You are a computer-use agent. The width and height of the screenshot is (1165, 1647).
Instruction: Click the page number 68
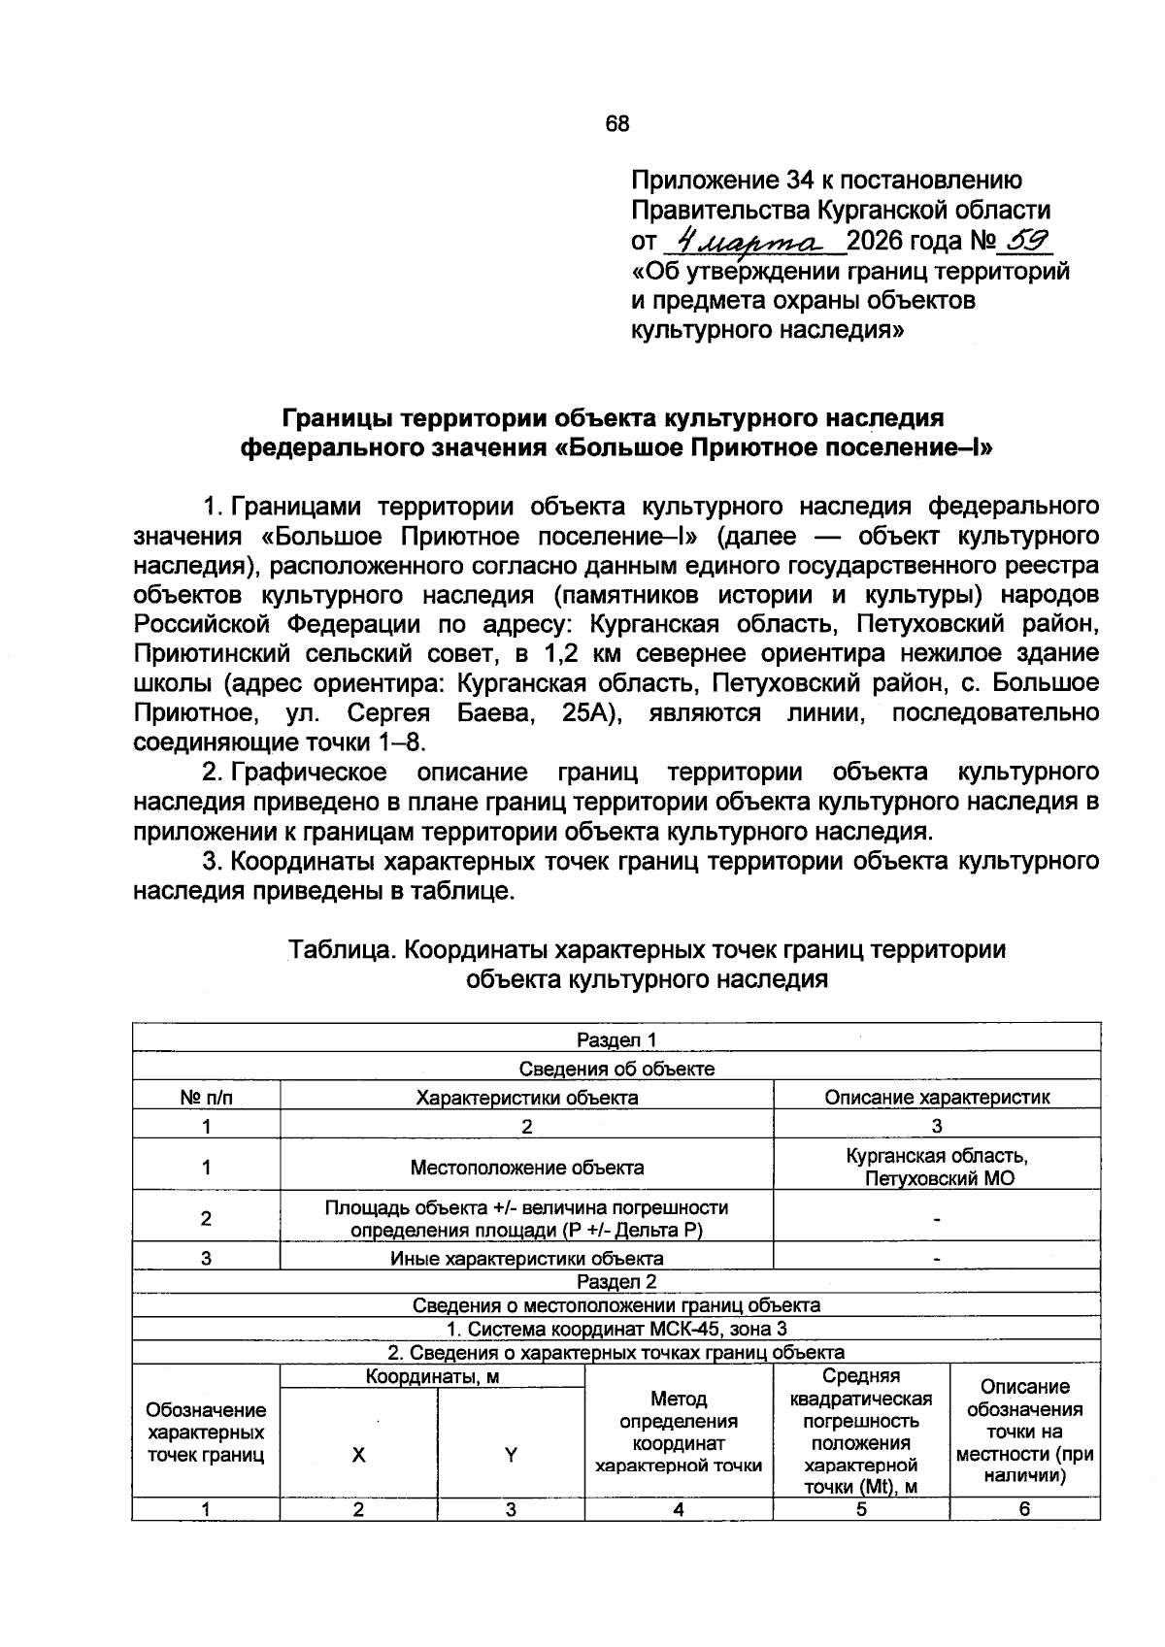(616, 124)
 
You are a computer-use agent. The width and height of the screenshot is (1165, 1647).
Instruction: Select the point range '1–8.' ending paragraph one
(401, 743)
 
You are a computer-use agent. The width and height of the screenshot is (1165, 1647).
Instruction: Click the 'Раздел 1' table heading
(616, 1039)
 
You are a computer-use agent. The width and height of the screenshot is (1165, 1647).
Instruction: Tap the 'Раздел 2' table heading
(616, 1281)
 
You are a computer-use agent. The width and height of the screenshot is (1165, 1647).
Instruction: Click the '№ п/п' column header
(207, 1098)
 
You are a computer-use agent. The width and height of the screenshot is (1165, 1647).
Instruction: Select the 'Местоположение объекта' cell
(526, 1167)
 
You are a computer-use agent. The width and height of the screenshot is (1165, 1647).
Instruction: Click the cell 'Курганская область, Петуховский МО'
(936, 1167)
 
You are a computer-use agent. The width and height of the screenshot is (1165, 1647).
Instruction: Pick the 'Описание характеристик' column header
(936, 1098)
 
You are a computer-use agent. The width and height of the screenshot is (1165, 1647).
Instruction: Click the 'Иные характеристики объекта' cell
(526, 1259)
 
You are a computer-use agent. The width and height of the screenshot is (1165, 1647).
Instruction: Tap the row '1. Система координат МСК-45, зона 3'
(616, 1329)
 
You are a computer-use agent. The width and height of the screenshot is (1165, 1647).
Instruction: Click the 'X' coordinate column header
(358, 1455)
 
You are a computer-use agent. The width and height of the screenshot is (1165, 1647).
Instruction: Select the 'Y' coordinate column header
(511, 1455)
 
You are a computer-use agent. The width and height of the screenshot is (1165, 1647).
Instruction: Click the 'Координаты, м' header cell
(432, 1376)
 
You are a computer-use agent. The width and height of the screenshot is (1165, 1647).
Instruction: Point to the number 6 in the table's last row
(1024, 1509)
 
